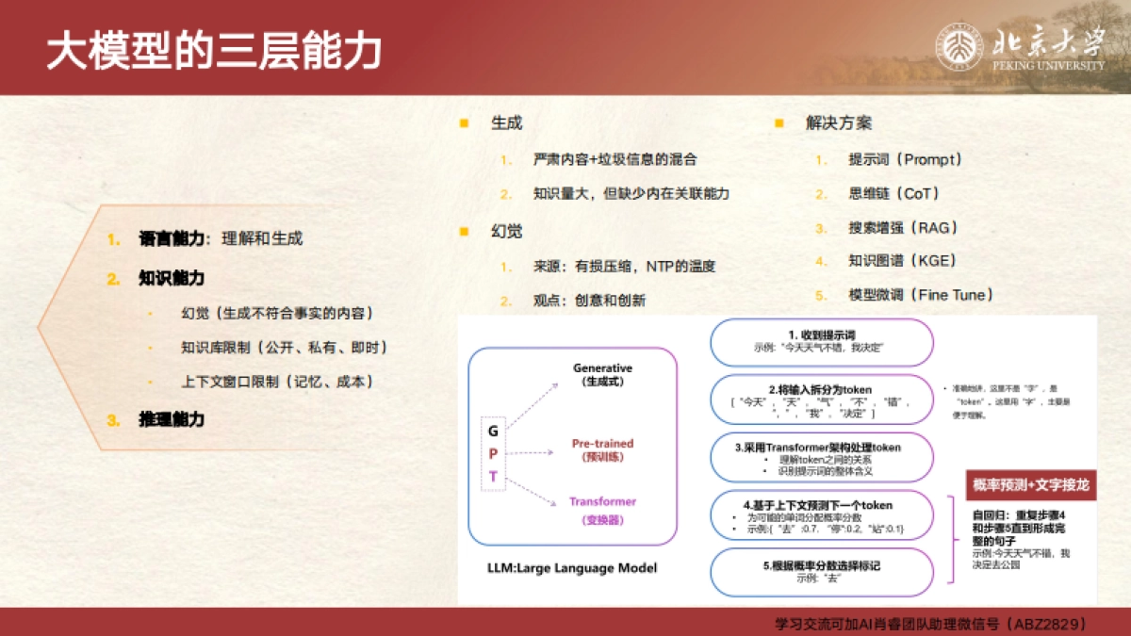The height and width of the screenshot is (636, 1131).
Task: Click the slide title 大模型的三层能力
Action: coord(214,52)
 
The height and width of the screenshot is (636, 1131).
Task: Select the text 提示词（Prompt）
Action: coord(905,160)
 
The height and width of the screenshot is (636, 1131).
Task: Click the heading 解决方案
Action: coord(839,123)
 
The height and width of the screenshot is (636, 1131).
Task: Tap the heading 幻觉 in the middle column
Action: coord(506,231)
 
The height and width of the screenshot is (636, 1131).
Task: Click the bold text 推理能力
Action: coord(172,419)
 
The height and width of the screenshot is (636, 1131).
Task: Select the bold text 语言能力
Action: coord(172,239)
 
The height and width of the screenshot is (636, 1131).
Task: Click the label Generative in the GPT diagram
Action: coord(602,367)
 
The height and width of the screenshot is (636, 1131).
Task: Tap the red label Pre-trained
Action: coord(602,443)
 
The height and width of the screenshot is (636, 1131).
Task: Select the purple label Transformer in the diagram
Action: coord(602,501)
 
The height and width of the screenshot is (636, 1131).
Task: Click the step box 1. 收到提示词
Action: coord(821,342)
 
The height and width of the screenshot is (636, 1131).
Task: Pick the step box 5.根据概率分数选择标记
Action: coord(821,571)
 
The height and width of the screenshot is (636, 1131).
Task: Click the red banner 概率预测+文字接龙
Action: coord(1031,485)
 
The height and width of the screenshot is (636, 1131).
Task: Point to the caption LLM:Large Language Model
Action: coord(572,568)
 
